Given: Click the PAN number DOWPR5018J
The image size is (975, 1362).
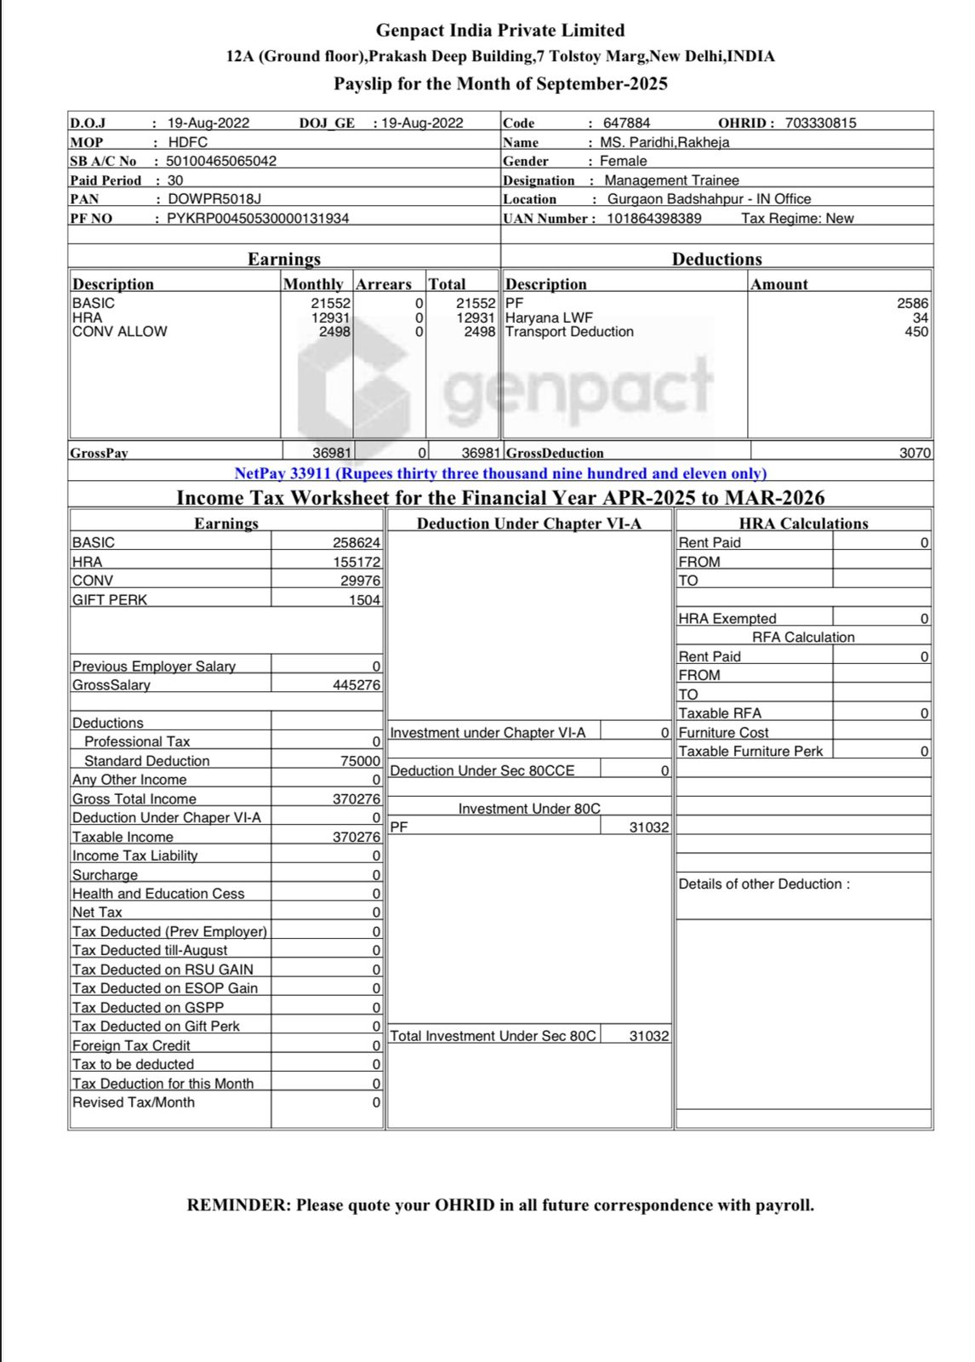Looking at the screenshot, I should (x=214, y=199).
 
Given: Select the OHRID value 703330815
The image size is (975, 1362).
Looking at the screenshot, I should (x=820, y=123).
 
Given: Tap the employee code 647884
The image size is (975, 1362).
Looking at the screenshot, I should (x=626, y=123).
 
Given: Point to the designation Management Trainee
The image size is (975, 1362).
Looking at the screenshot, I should (x=671, y=180).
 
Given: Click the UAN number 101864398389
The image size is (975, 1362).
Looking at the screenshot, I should (x=653, y=219).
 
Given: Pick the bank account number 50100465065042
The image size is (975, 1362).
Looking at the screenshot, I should (x=221, y=161).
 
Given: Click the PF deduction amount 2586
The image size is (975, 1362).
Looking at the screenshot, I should (x=912, y=303).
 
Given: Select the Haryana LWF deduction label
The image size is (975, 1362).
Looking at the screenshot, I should (x=549, y=318).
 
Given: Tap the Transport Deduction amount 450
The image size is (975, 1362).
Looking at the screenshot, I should (x=916, y=332).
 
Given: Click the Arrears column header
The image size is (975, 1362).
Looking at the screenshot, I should (x=383, y=284).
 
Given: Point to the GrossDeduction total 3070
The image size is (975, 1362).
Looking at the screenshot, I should (x=915, y=453).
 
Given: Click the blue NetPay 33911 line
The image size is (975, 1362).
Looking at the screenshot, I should (x=500, y=473).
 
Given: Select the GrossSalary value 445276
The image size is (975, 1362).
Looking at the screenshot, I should (x=356, y=685).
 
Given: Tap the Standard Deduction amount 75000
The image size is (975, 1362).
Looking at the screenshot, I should (x=360, y=761).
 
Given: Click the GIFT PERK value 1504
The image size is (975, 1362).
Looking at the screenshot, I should (x=364, y=600).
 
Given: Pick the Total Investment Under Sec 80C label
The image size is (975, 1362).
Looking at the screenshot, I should (x=493, y=1036).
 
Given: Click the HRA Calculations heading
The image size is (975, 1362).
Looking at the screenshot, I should (x=803, y=524).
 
